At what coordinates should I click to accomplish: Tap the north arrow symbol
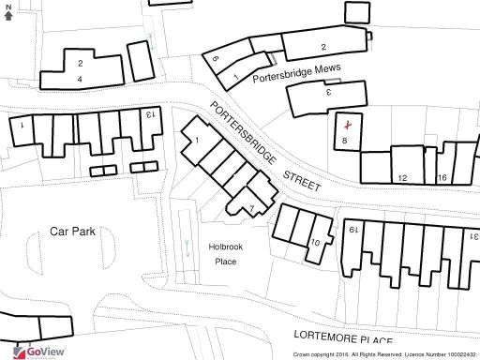[7, 12]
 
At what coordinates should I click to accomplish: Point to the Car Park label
[72, 231]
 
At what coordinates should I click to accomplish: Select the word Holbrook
[225, 246]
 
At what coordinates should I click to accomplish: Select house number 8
[345, 141]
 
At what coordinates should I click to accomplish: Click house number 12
[401, 177]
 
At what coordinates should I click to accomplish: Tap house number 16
[442, 177]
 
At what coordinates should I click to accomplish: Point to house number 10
[316, 243]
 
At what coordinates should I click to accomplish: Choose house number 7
[251, 208]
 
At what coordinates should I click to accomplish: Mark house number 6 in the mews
[215, 59]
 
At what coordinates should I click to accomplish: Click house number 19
[353, 228]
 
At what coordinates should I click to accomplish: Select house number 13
[150, 114]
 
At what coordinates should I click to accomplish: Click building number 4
[80, 79]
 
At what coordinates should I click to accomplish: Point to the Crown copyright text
[384, 354]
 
